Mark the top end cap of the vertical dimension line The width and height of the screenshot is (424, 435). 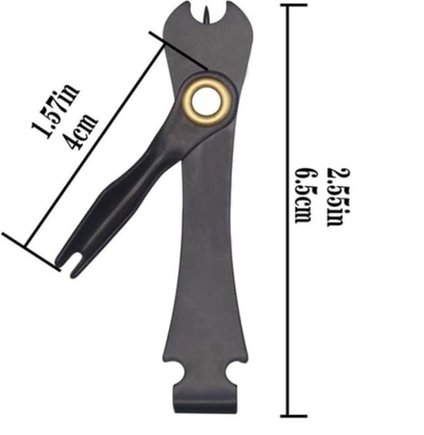288,5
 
